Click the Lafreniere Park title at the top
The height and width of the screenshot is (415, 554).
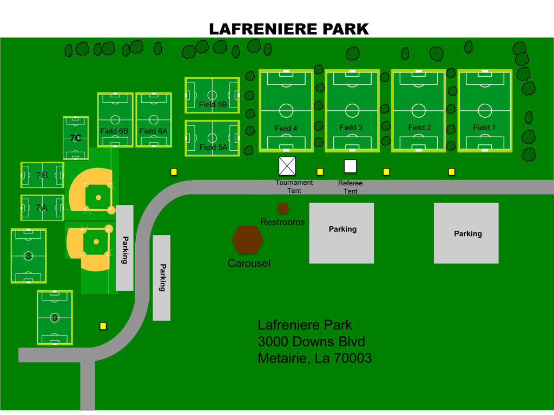pyautogui.click(x=289, y=29)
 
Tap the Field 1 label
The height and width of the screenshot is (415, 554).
pyautogui.click(x=484, y=128)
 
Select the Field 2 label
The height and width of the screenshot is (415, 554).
pyautogui.click(x=419, y=128)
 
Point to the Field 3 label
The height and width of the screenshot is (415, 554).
pyautogui.click(x=351, y=128)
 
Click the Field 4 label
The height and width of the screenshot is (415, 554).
pyautogui.click(x=286, y=129)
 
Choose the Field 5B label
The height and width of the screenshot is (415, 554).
pyautogui.click(x=213, y=105)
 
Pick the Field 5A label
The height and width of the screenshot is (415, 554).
pyautogui.click(x=213, y=148)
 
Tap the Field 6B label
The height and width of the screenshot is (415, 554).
pyautogui.click(x=114, y=131)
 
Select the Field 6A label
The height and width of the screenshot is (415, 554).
pyautogui.click(x=154, y=131)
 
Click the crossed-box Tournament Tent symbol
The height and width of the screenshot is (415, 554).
pyautogui.click(x=287, y=166)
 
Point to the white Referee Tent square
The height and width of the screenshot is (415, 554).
pyautogui.click(x=350, y=166)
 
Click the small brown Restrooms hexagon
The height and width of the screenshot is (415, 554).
pyautogui.click(x=283, y=208)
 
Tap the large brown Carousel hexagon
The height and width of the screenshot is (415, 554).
pyautogui.click(x=247, y=239)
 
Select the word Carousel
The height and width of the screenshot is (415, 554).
pyautogui.click(x=249, y=264)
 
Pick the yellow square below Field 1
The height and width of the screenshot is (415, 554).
pyautogui.click(x=451, y=172)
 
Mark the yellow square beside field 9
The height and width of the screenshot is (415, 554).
pyautogui.click(x=103, y=326)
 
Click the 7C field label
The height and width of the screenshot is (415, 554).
pyautogui.click(x=75, y=138)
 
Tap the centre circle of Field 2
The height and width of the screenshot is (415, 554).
pyautogui.click(x=419, y=110)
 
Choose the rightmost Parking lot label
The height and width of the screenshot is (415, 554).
pyautogui.click(x=467, y=234)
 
